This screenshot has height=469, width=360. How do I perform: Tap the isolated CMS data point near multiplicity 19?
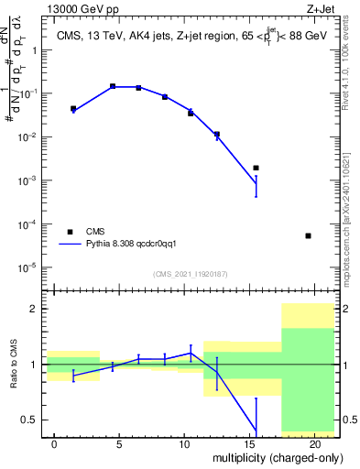pyautogui.click(x=308, y=235)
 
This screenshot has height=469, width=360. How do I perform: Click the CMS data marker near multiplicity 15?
pyautogui.click(x=256, y=168)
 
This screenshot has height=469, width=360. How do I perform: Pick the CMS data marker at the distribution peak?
pyautogui.click(x=113, y=86)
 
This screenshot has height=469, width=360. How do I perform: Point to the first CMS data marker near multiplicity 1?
pyautogui.click(x=73, y=108)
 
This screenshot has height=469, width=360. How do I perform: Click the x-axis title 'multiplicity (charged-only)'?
pyautogui.click(x=272, y=456)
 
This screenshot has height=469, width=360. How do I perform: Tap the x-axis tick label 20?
pyautogui.click(x=315, y=443)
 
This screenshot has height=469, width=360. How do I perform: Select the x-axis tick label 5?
pyautogui.click(x=120, y=443)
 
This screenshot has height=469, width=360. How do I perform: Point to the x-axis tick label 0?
pyautogui.click(x=55, y=443)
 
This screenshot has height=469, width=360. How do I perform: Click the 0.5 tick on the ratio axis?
pyautogui.click(x=31, y=420)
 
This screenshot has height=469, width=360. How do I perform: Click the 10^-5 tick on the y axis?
pyautogui.click(x=29, y=267)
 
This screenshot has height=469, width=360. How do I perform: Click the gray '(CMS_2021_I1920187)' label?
pyautogui.click(x=191, y=274)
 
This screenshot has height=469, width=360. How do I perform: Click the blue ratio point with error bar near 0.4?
pyautogui.click(x=256, y=427)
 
